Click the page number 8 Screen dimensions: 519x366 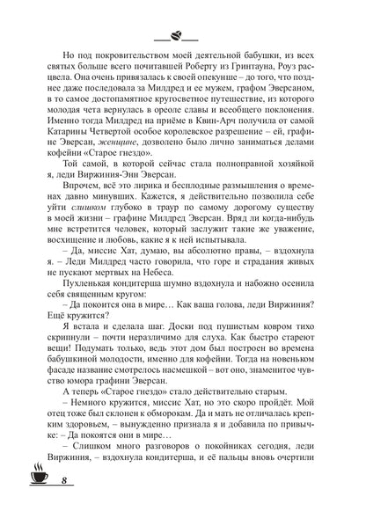[40, 504]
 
